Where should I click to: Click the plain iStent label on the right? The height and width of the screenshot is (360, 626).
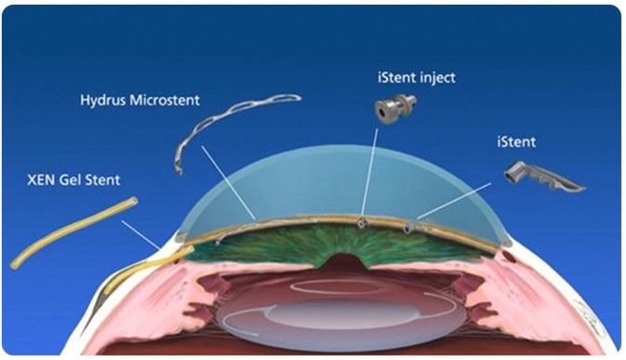tap(516, 143)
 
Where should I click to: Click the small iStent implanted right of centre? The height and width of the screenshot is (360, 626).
tap(407, 228)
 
